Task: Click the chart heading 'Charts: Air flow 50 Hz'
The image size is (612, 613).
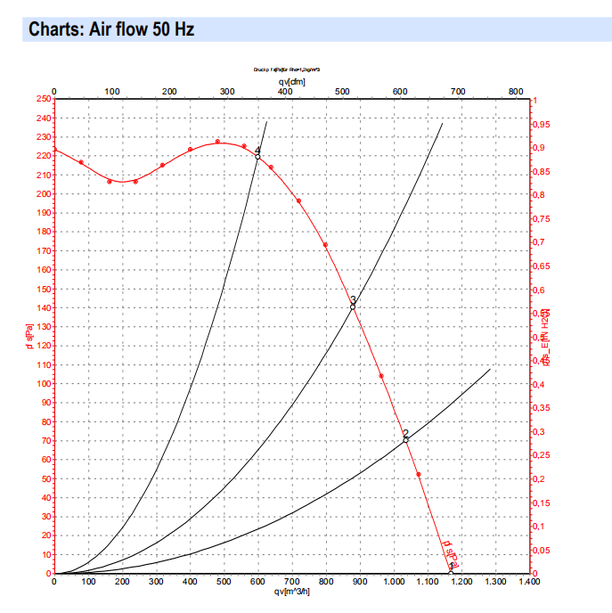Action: coord(111,29)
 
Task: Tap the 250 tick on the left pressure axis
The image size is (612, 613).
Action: coord(43,99)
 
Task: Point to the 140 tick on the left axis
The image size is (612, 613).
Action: coord(43,308)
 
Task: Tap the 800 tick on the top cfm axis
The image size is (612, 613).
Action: coord(515,91)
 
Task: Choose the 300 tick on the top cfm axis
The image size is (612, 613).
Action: coord(227,91)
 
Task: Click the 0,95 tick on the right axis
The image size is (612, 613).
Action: coord(543,125)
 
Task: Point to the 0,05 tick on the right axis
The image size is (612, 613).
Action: coord(543,551)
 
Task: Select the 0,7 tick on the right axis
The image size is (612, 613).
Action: coord(541,243)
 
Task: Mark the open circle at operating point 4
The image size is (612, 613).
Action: coord(257,157)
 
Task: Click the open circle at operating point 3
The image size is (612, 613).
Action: coord(353,306)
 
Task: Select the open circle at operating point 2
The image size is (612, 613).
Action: coord(405,439)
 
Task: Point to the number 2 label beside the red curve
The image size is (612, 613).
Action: coord(405,433)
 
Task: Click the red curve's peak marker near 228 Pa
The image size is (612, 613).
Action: coord(217,142)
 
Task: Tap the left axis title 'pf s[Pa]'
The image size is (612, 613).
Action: coord(29,335)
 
